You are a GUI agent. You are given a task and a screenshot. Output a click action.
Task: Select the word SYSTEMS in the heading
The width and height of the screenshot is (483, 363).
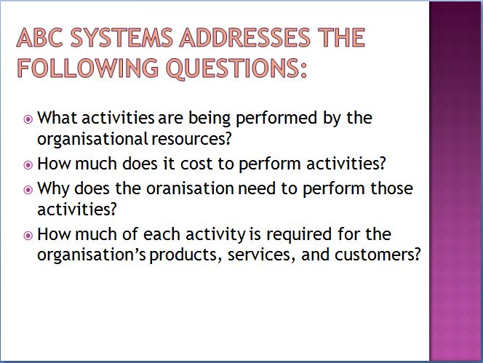coord(121,38)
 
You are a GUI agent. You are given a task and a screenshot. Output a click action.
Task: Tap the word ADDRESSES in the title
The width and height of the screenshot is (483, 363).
coord(245,38)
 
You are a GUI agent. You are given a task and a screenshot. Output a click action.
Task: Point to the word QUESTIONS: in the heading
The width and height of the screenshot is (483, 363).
coord(236,68)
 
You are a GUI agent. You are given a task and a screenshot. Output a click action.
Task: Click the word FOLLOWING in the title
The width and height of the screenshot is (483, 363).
coord(88,68)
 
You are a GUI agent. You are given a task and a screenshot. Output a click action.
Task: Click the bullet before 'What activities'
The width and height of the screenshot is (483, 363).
coord(28,119)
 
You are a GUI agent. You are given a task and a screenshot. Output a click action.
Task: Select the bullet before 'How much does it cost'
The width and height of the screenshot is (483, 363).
coord(28,165)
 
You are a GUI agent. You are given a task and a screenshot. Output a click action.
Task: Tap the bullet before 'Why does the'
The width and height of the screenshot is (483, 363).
coord(28,190)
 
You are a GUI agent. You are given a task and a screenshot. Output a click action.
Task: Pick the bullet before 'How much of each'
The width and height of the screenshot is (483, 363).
coord(28,236)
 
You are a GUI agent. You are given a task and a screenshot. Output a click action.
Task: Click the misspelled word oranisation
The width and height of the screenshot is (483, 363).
coord(190,188)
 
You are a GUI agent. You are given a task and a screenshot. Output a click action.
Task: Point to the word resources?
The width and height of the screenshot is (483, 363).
coord(191,139)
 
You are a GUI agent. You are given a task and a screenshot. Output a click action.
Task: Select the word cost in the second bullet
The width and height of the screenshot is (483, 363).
coord(196,164)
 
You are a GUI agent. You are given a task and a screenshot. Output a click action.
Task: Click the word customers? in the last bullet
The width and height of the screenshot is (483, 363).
coord(378,255)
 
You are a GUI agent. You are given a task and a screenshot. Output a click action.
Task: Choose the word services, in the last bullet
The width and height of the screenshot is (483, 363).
coord(261,255)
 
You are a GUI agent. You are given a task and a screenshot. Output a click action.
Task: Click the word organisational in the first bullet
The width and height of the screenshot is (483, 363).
coord(92,139)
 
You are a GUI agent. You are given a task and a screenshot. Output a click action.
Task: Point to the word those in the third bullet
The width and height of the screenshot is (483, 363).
coord(391,188)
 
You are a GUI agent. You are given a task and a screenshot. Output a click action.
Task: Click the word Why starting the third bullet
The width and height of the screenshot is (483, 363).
coord(53,188)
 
